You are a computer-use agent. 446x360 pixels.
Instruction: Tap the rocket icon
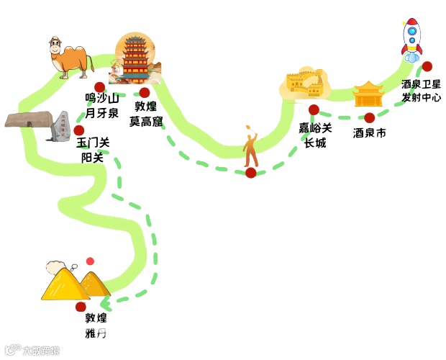click(411, 39)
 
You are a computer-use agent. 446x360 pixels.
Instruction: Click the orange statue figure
click(251, 148)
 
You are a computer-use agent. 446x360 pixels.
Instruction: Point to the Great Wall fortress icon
click(304, 84)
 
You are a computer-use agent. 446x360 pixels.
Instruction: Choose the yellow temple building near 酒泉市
click(368, 94)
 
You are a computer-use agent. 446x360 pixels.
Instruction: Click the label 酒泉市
click(370, 133)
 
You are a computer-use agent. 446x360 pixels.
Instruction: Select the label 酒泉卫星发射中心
click(422, 91)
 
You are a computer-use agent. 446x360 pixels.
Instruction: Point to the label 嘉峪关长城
click(316, 135)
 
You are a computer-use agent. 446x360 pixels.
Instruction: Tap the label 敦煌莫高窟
click(146, 114)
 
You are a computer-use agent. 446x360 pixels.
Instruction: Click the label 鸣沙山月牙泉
click(101, 105)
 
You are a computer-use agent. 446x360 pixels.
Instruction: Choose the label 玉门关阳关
click(93, 150)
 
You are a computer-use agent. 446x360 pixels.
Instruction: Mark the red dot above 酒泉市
click(369, 117)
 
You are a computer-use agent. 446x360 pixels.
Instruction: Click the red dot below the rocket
click(427, 66)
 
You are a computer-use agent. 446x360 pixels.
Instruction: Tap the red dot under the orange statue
click(250, 173)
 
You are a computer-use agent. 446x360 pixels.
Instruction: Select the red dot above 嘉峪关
click(314, 109)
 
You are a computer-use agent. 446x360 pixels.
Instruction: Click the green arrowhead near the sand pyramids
click(105, 302)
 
